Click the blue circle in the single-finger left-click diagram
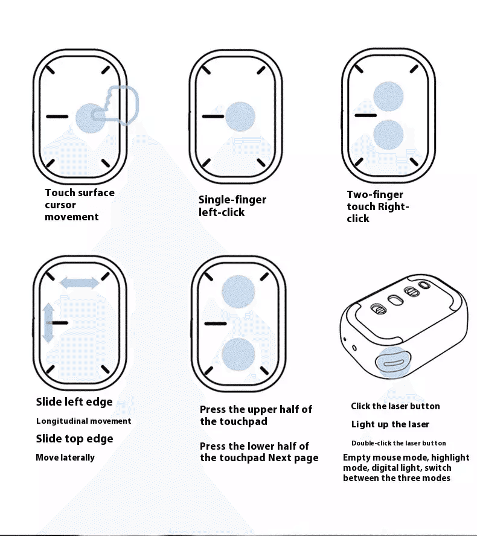240,116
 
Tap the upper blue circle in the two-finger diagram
388,97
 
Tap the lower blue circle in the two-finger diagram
388,135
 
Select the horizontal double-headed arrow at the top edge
80,282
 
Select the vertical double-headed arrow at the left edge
48,323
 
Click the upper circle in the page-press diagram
238,292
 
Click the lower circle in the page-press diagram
238,354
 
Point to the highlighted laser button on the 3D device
393,363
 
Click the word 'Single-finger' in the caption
232,200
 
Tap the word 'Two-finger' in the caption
375,194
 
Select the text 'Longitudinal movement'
84,421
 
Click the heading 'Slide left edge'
74,401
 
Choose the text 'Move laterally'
65,458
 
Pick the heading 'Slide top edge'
74,439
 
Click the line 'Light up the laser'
390,424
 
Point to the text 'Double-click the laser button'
399,443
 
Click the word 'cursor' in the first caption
60,205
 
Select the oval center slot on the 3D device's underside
395,300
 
